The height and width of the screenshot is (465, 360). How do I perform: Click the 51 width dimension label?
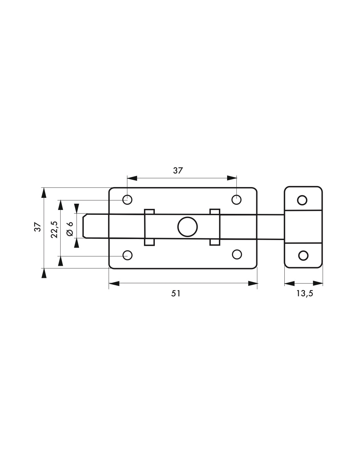coord(176,293)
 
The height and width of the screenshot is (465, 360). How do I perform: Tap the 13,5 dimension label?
coord(305,293)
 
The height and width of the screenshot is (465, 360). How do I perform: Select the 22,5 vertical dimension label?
coord(54,230)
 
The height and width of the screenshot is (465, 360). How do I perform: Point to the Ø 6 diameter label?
coord(70,229)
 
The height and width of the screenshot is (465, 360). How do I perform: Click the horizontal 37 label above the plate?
coord(178,171)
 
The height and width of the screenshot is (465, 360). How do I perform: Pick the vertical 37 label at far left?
coord(38,227)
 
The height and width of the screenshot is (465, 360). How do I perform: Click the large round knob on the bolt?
coord(188,227)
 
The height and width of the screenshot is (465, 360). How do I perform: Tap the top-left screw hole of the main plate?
coord(127,200)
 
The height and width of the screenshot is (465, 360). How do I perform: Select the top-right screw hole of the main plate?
coord(236,200)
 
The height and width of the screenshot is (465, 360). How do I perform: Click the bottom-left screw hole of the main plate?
coord(127,255)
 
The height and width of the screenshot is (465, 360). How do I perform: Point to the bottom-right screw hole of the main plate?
coord(237,254)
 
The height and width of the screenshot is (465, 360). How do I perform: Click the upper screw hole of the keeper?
coord(302,200)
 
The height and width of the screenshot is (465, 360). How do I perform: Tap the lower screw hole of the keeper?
coord(303,255)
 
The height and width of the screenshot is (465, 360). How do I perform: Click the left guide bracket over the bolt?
coord(149,227)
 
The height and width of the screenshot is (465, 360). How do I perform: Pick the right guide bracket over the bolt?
coord(215,227)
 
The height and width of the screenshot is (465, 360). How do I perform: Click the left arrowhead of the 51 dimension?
coord(114,284)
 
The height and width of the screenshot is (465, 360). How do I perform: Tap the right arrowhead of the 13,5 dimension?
coord(318,283)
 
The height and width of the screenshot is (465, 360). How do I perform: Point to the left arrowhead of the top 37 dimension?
coord(132,178)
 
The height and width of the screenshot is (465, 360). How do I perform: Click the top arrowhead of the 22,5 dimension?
coord(61,205)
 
